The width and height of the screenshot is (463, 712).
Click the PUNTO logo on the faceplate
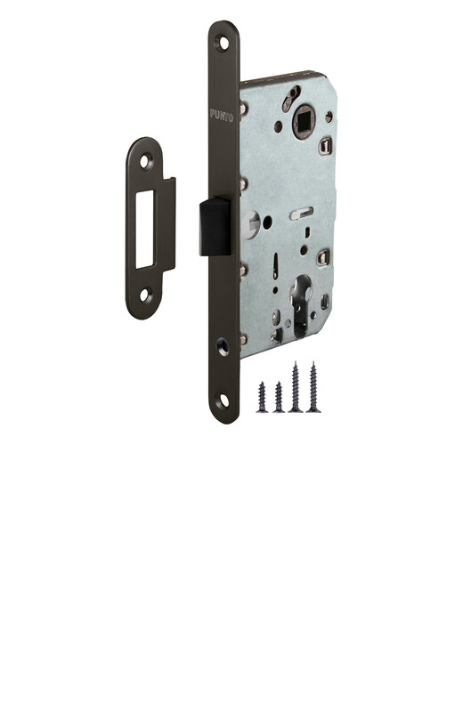click(222, 116)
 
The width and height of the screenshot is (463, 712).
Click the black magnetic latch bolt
click(215, 226)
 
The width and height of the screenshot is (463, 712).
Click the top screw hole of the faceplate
click(224, 43)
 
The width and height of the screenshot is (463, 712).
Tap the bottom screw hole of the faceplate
click(224, 401)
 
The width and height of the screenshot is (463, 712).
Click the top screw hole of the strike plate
click(145, 161)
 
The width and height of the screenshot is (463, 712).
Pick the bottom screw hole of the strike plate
click(145, 295)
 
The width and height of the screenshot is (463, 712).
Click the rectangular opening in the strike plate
click(145, 229)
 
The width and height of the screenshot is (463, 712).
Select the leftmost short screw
click(262, 397)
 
